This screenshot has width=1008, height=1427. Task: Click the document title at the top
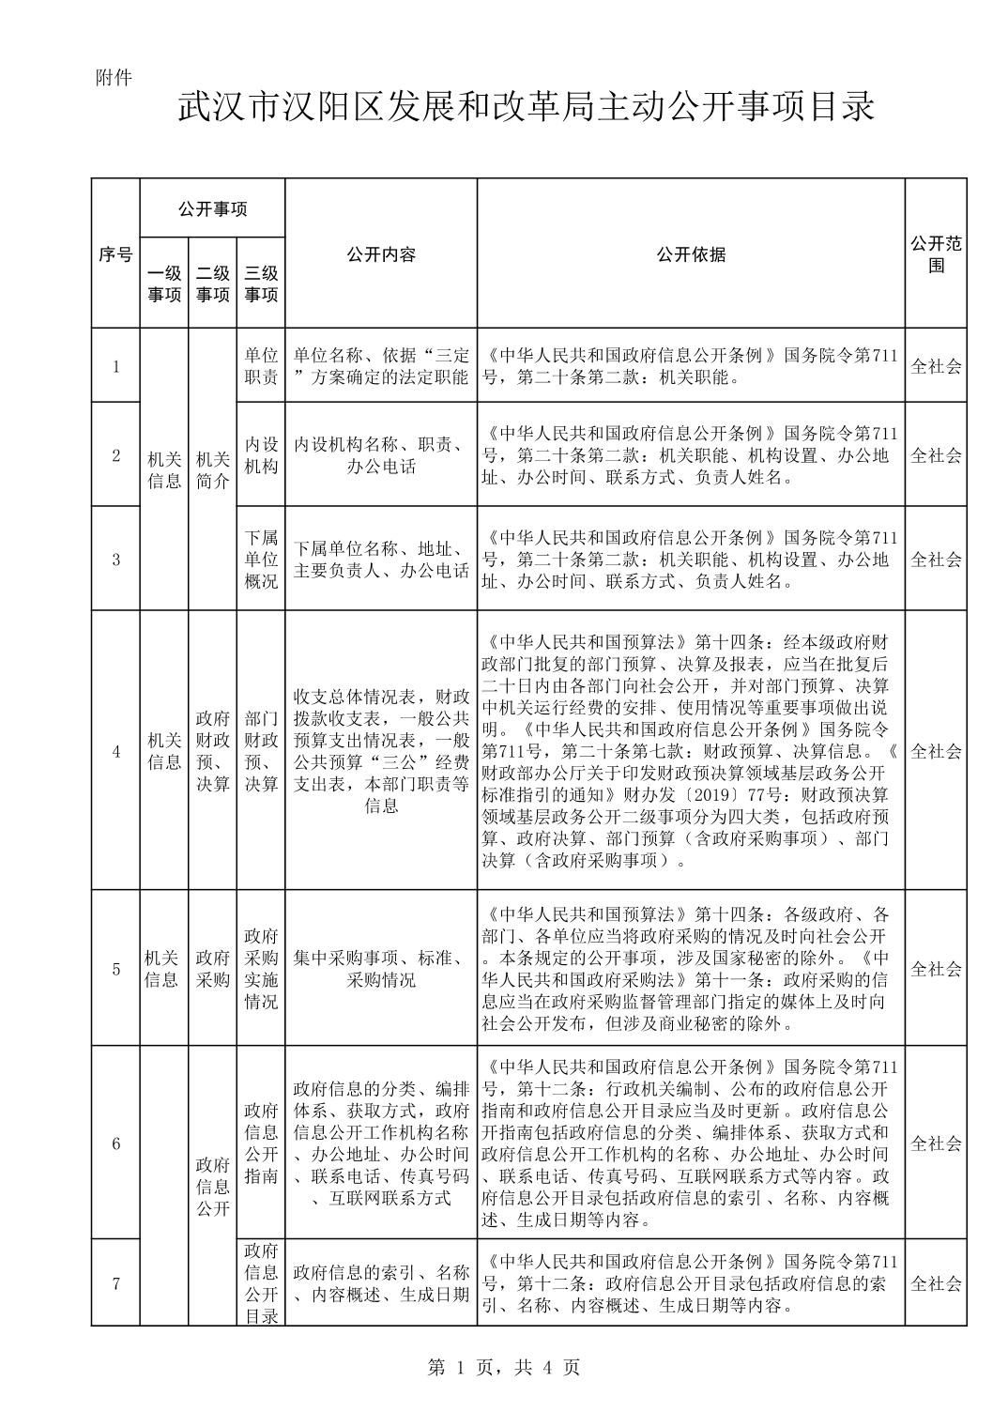point(526,107)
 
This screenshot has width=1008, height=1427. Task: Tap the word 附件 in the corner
point(114,78)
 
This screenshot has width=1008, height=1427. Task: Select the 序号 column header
point(115,253)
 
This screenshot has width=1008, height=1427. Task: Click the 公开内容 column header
point(380,253)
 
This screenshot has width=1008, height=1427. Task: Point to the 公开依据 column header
point(691,253)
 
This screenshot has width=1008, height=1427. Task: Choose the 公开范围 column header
point(936,253)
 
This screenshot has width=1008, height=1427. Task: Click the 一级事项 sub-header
point(164,284)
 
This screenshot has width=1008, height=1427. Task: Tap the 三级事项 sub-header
point(261,284)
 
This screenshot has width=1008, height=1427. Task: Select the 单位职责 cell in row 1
point(261,366)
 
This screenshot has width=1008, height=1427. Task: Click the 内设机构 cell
point(261,455)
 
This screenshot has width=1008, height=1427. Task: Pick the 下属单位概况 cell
point(261,560)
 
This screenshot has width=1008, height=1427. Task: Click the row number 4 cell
point(115,751)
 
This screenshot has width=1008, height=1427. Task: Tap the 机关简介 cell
point(212,469)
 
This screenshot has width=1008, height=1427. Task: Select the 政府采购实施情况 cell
point(261,969)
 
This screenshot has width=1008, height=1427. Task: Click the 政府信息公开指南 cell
point(261,1143)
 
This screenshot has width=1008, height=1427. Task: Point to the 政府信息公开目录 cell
point(261,1283)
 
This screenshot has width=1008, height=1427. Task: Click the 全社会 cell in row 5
point(936,969)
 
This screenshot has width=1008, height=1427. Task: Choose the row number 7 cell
point(115,1283)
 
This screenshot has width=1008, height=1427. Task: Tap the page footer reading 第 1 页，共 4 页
point(504,1368)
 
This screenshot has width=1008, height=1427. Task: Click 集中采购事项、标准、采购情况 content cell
point(380,969)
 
